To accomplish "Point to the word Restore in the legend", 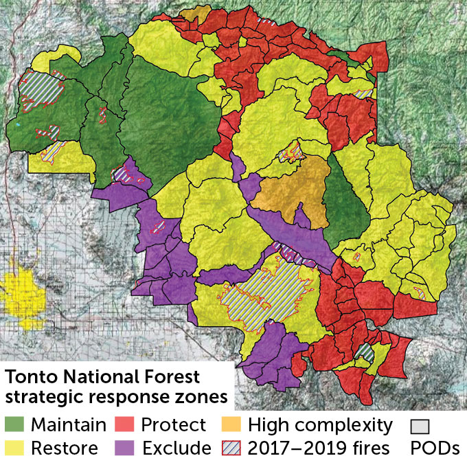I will (63, 448).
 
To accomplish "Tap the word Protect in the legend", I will (173, 425).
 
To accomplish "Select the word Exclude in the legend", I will (176, 448).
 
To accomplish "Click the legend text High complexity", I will (319, 425).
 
